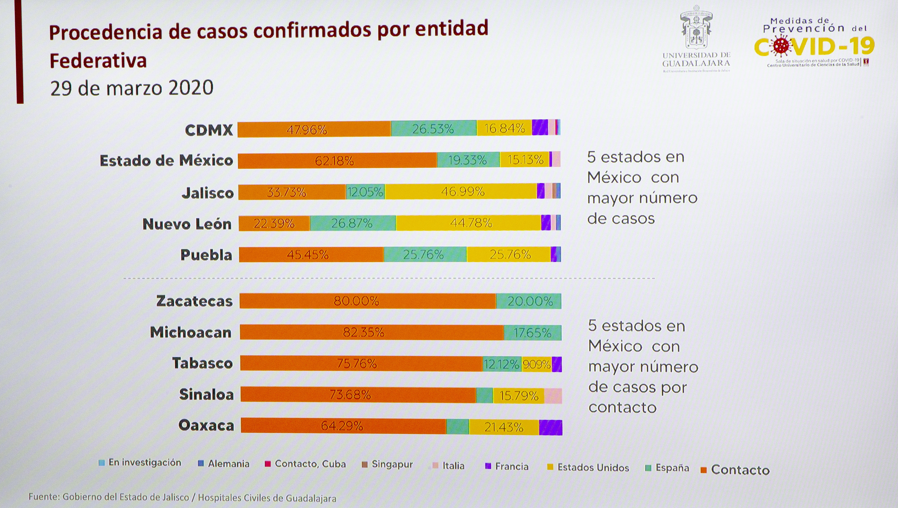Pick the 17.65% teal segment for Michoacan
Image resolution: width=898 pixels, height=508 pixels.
click(532, 333)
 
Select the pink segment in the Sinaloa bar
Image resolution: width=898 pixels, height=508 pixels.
click(553, 396)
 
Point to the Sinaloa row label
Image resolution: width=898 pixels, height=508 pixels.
click(206, 395)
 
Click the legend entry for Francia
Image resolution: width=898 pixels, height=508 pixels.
click(507, 466)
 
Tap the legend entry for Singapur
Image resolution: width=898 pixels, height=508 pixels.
click(388, 464)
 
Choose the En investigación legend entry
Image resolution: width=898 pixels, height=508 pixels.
click(140, 463)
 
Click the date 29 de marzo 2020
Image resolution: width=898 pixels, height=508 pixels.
click(132, 88)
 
